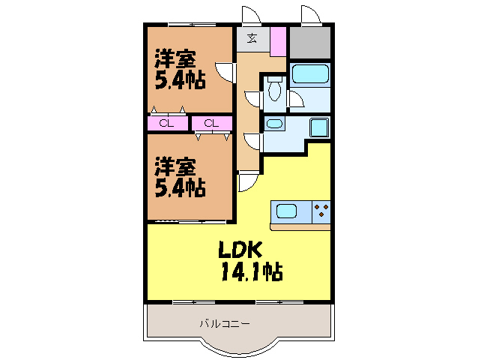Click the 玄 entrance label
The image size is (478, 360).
[252, 39]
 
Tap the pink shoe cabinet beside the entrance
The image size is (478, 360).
[277, 40]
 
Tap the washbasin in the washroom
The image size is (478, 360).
[275, 124]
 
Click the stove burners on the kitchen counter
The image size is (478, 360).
[321, 211]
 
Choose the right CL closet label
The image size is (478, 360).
[211, 124]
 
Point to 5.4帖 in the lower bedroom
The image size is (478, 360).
[180, 187]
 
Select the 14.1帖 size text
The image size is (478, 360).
[251, 271]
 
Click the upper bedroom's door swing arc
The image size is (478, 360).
[223, 74]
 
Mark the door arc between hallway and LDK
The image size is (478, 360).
[247, 181]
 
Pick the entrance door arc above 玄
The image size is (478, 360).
[249, 15]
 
